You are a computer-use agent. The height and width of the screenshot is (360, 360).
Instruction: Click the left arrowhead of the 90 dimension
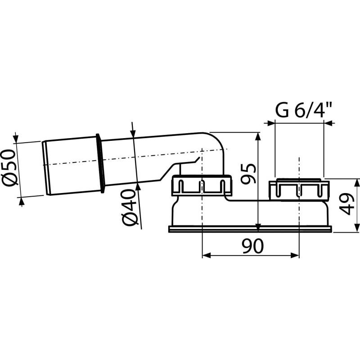coord(206,255)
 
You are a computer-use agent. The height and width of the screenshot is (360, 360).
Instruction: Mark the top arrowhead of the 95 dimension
coord(257,136)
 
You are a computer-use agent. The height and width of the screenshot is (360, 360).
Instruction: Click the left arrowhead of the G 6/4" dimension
coord(271,122)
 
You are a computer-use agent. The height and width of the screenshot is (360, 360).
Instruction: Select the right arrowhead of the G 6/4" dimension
coord(327,122)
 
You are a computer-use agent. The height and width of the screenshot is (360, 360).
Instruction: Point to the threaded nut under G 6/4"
coord(299,189)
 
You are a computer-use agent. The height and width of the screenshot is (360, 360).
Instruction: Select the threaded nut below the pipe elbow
coord(202,185)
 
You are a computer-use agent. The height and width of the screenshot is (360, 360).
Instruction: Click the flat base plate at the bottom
coord(250,229)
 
